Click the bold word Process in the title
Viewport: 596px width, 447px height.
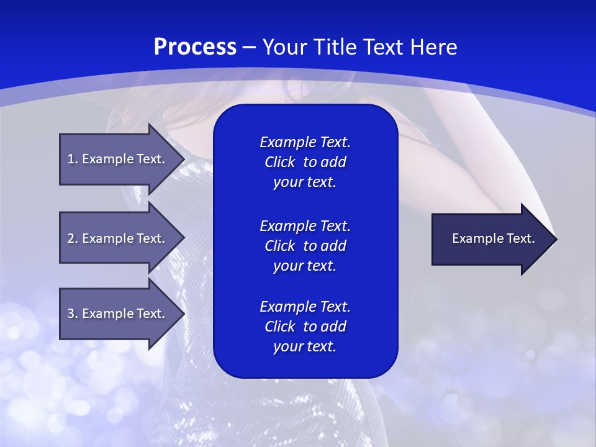click(x=195, y=47)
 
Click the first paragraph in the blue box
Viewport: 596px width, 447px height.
click(x=305, y=162)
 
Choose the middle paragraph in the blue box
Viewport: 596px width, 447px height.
click(x=305, y=245)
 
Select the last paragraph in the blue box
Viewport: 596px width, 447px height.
click(x=305, y=327)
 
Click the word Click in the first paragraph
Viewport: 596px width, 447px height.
click(x=279, y=162)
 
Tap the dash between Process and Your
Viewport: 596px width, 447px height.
click(x=249, y=47)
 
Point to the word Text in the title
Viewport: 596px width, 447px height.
click(x=382, y=47)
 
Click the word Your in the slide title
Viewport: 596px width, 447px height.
click(x=284, y=47)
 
